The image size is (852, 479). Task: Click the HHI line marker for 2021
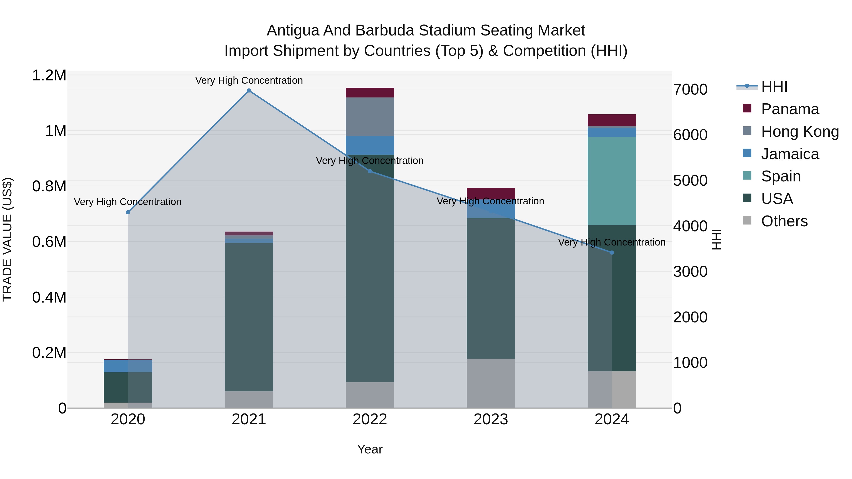coord(249,91)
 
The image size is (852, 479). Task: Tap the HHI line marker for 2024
coord(612,253)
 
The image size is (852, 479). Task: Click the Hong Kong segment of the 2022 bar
coord(370,116)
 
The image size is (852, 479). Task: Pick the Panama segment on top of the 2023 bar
coord(491,193)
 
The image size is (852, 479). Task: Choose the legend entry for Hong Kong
coord(799,132)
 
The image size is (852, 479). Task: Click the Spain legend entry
coord(781,176)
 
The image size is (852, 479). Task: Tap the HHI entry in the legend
coord(774,87)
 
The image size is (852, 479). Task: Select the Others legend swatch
coord(747,220)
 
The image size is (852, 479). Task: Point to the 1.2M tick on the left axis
coord(49,75)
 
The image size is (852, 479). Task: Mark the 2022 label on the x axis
coord(370,419)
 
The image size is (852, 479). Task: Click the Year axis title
coord(370,449)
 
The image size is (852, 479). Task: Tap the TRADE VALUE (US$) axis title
coord(7,239)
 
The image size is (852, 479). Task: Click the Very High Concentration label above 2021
coord(249,80)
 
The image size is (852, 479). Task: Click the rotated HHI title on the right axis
coord(716,239)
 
